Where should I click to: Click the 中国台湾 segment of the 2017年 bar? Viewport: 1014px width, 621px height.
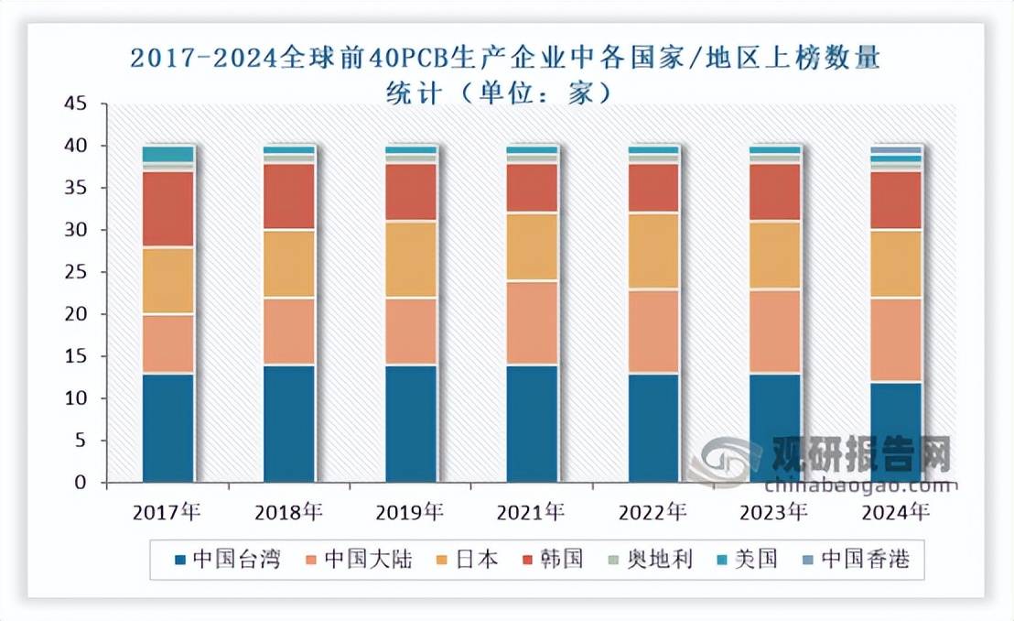[x=168, y=428]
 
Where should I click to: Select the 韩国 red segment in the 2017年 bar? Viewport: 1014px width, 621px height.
[x=168, y=209]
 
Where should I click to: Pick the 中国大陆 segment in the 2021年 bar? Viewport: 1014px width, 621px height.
[x=532, y=322]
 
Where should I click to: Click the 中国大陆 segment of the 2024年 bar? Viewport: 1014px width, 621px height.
[x=896, y=340]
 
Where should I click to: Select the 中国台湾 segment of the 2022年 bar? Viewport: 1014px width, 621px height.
[x=653, y=428]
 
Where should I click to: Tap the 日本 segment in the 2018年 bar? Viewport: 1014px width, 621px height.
[x=289, y=264]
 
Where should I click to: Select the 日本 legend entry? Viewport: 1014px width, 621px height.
[x=467, y=559]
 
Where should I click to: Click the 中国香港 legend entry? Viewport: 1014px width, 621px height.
[x=855, y=559]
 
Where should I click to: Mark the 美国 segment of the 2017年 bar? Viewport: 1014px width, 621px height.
[x=168, y=154]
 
